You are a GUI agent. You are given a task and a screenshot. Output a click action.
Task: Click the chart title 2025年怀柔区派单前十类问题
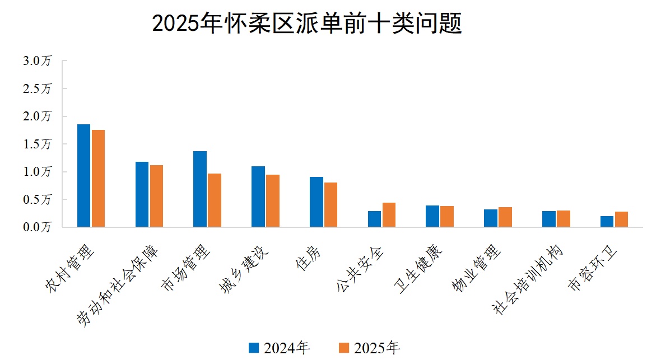[x=307, y=24]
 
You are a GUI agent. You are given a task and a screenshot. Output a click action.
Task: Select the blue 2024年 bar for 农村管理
[x=83, y=175]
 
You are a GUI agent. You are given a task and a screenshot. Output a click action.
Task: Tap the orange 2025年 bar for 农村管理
[x=99, y=178]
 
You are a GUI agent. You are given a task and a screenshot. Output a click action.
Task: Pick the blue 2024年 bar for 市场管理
[x=200, y=189]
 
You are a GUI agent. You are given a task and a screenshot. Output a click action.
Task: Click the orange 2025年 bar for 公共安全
[x=389, y=215]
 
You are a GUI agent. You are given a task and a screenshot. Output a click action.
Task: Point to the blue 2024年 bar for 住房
[x=316, y=202]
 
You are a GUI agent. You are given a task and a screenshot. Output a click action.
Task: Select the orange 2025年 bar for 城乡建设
[x=273, y=200]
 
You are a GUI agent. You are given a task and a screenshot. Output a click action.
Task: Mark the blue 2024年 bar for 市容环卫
[x=607, y=221]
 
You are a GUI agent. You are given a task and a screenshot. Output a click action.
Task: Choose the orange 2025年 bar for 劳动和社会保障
[x=156, y=196]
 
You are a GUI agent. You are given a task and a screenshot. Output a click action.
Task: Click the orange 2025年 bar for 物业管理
[x=505, y=217]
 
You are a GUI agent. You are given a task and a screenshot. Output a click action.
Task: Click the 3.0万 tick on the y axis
[x=37, y=61]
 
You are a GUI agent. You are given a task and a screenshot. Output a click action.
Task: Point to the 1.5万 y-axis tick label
[x=37, y=144]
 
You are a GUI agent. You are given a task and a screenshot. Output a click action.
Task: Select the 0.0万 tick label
[x=37, y=227]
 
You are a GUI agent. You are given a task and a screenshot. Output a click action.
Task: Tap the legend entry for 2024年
[x=279, y=348]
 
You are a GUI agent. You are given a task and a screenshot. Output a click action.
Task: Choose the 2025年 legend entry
[x=370, y=348]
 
